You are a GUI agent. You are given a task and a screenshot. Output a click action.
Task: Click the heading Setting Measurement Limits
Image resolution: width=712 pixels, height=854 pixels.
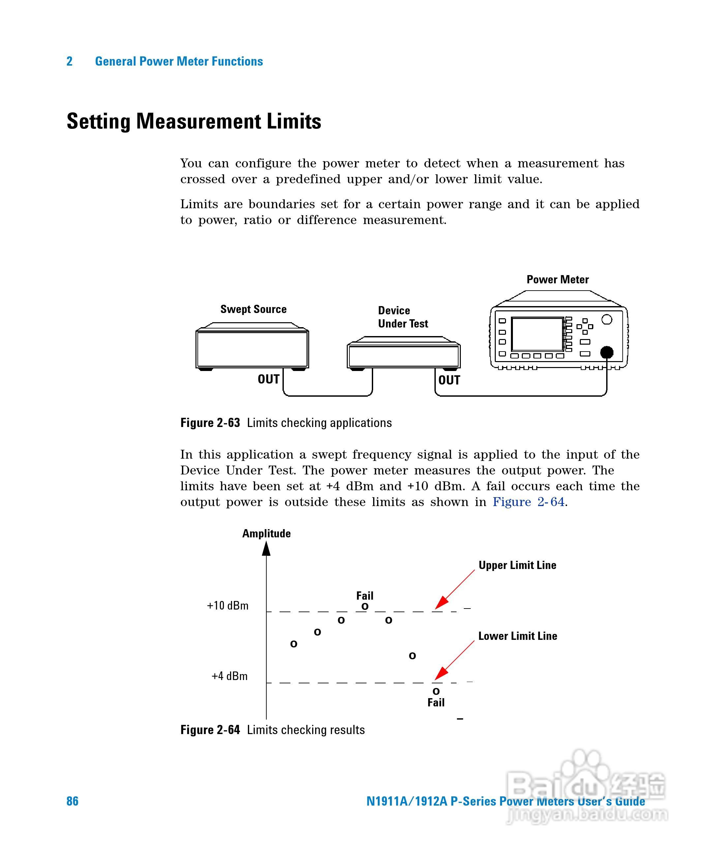[194, 121]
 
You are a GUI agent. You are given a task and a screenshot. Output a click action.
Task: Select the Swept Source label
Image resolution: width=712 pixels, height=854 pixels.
[253, 309]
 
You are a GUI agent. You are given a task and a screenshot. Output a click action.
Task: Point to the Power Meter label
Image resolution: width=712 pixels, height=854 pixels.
[557, 279]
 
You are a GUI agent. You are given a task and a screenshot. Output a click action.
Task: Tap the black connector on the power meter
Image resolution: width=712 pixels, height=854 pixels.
[607, 352]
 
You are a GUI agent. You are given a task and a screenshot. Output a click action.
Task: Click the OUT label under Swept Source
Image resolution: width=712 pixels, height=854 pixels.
[269, 379]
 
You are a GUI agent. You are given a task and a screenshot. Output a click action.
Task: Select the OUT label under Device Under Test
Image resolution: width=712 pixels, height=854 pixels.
[449, 380]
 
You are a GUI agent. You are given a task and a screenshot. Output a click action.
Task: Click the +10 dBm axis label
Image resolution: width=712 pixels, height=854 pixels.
[227, 606]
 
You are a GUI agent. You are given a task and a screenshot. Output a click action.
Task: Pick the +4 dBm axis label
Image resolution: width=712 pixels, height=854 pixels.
[229, 676]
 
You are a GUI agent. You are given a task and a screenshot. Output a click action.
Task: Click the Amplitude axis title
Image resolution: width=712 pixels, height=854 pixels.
[266, 533]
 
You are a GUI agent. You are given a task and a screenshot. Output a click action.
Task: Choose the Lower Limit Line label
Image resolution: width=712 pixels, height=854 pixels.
[518, 636]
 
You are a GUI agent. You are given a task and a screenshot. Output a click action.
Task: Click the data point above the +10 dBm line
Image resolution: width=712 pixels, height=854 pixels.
[365, 606]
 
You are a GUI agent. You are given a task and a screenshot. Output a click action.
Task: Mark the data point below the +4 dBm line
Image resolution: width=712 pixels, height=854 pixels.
[436, 691]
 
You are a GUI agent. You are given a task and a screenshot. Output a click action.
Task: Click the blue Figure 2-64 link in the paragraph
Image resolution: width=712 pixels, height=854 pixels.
[528, 502]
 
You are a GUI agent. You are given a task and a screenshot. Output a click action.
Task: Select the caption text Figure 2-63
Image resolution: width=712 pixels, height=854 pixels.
[210, 422]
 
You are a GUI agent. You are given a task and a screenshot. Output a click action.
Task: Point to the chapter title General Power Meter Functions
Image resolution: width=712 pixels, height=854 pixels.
[179, 61]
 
